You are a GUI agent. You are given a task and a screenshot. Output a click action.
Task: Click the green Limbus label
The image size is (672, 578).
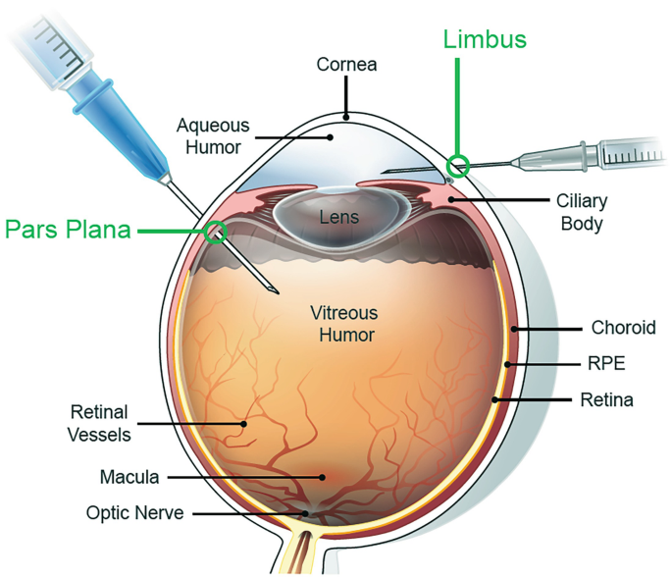coord(485,40)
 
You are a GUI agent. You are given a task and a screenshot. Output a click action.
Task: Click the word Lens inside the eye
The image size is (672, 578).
coord(340,217)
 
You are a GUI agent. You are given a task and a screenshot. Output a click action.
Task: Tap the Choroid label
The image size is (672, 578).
coord(623,328)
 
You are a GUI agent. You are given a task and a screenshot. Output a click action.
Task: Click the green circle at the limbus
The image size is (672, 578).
coord(457,164)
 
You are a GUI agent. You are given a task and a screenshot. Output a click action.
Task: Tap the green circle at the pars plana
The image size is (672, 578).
coord(216,232)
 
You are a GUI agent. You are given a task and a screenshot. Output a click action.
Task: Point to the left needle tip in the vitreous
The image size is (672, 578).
coord(276,289)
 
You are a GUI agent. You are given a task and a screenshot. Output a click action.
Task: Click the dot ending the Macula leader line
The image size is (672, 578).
coord(323,477)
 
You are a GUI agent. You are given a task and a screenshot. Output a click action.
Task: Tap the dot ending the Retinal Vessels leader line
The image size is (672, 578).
coord(244,423)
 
